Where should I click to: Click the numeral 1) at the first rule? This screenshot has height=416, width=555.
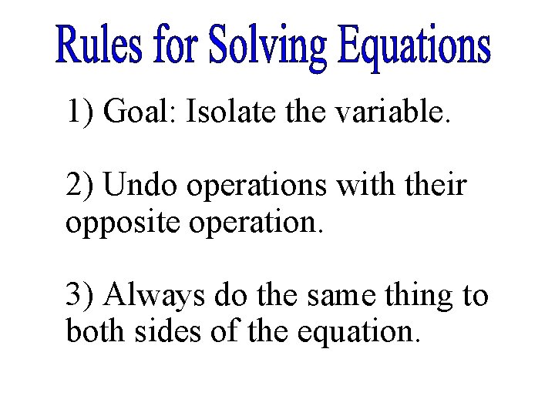80,112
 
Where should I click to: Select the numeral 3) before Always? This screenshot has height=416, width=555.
80,294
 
